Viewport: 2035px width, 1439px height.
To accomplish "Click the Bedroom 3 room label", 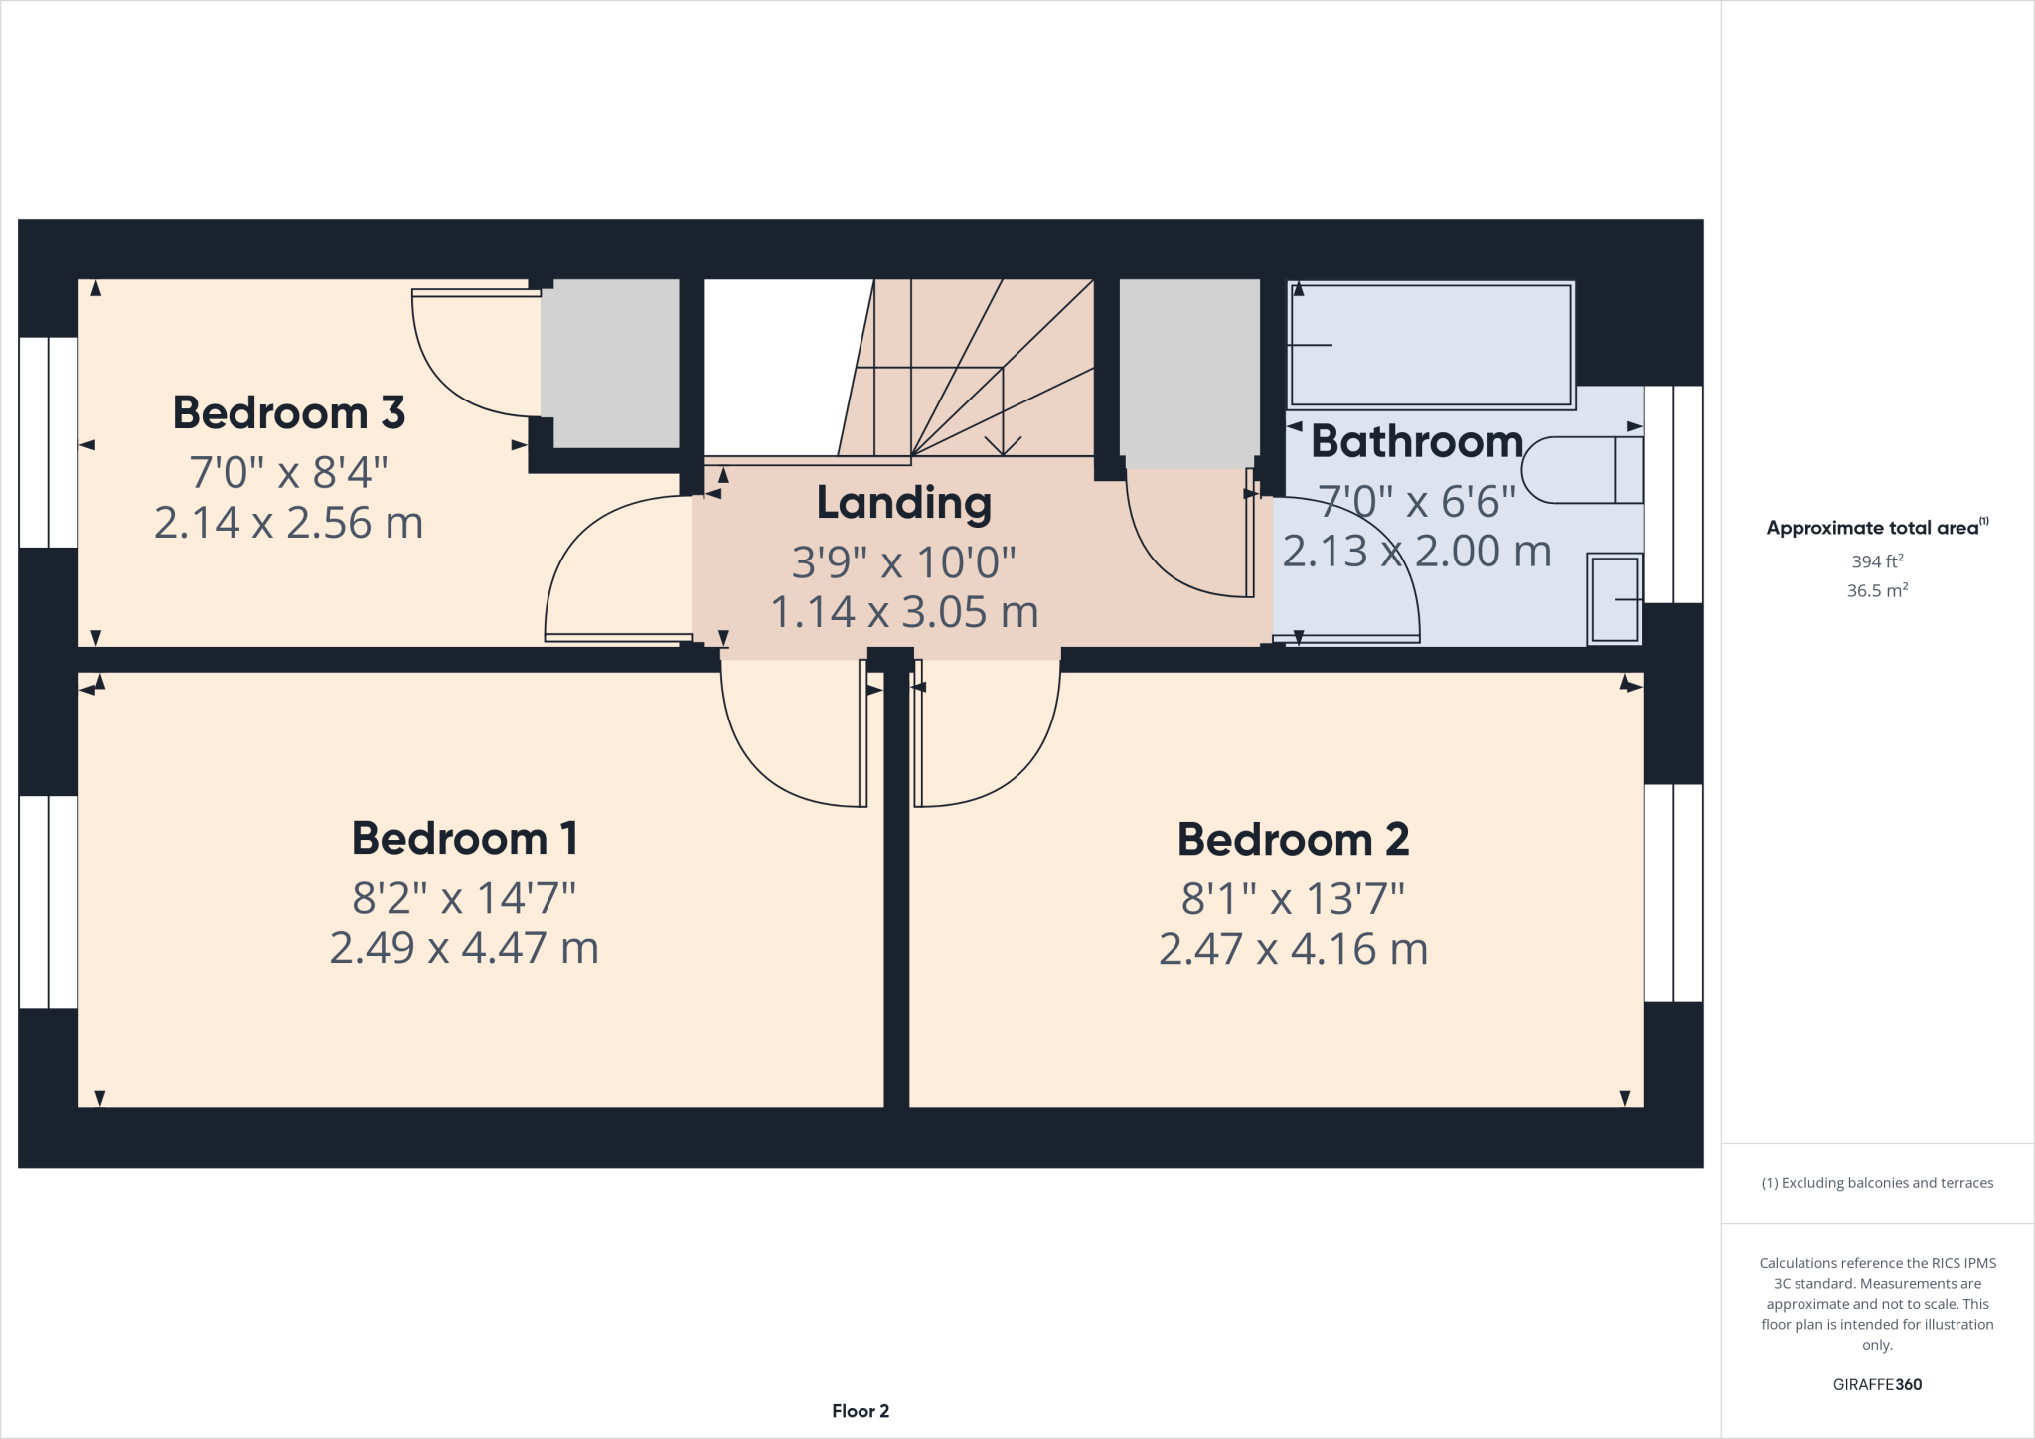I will (288, 412).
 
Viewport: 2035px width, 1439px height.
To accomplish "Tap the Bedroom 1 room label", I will (464, 838).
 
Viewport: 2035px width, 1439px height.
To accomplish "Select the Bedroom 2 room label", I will (1293, 839).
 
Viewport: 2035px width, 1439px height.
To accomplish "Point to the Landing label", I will (903, 503).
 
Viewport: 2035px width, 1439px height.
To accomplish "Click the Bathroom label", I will (1416, 441).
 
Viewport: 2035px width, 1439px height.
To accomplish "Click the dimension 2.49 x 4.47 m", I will (464, 948).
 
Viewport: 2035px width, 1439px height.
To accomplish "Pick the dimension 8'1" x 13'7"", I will (1293, 898).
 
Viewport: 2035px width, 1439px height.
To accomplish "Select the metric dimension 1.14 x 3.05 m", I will (903, 612).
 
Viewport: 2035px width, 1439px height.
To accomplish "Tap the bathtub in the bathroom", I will (1431, 345).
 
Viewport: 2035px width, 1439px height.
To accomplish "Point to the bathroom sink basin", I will (1614, 599).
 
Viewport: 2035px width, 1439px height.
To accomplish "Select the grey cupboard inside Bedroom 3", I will (610, 363).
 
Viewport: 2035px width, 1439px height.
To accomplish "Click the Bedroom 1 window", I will (48, 900).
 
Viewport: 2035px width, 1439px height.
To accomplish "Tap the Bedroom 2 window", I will (1673, 891).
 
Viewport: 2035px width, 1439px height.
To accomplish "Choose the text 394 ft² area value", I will (1876, 561).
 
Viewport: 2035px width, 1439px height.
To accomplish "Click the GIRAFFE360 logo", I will (1876, 1384).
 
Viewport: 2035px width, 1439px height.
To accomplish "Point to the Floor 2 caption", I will (861, 1411).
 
